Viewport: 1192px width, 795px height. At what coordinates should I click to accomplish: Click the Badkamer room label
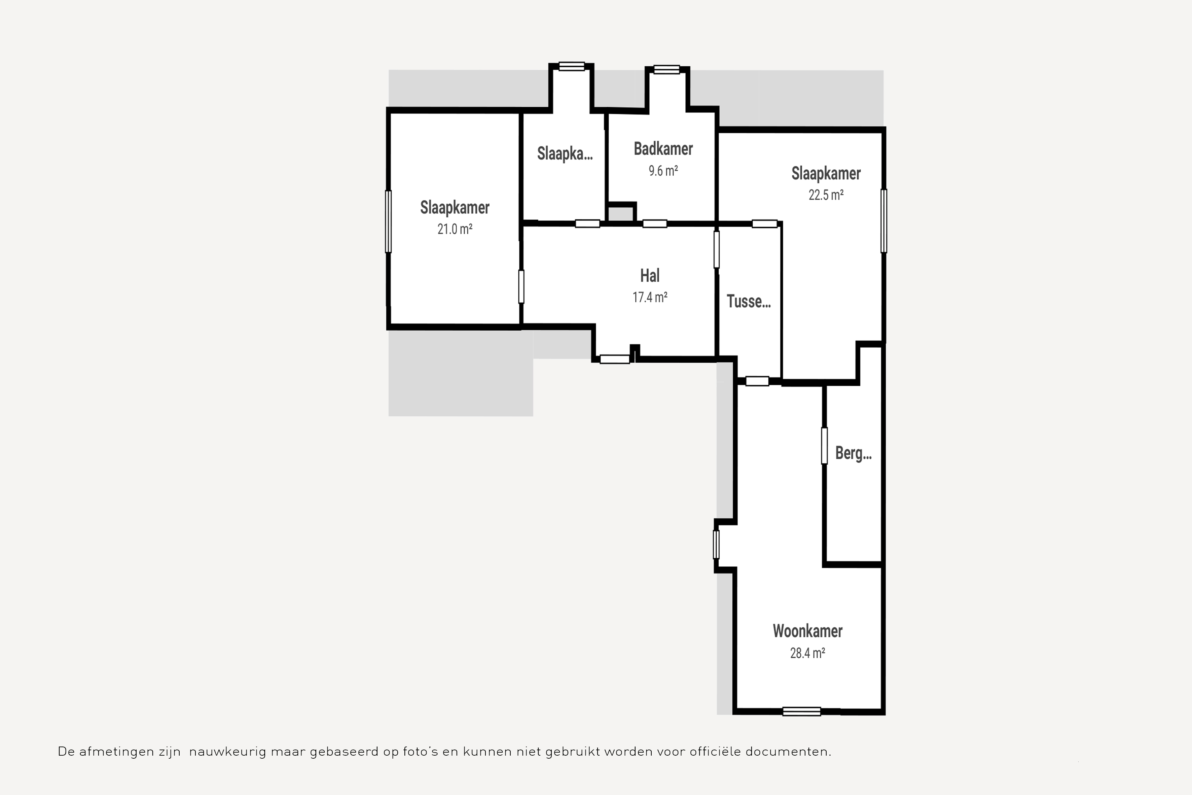663,149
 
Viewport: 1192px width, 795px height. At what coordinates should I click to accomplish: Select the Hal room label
650,276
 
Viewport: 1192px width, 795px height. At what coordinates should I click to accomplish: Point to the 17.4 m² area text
650,297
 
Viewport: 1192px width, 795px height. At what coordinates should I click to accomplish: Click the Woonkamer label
807,631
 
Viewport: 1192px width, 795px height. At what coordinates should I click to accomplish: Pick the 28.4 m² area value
807,653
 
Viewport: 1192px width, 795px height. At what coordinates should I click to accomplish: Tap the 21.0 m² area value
455,229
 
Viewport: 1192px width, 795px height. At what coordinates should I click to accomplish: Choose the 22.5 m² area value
826,195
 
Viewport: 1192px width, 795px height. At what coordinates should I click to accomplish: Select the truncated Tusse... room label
749,302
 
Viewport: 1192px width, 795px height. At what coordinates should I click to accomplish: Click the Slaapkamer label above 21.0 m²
455,208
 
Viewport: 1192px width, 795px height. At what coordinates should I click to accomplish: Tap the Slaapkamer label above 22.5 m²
826,174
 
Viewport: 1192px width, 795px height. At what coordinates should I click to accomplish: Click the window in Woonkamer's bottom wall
801,711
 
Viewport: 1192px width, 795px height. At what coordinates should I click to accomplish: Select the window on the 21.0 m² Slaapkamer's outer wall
388,221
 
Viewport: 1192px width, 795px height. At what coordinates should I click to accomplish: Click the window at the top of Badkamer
666,69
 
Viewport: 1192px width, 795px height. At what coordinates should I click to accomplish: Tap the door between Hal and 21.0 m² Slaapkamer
521,287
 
